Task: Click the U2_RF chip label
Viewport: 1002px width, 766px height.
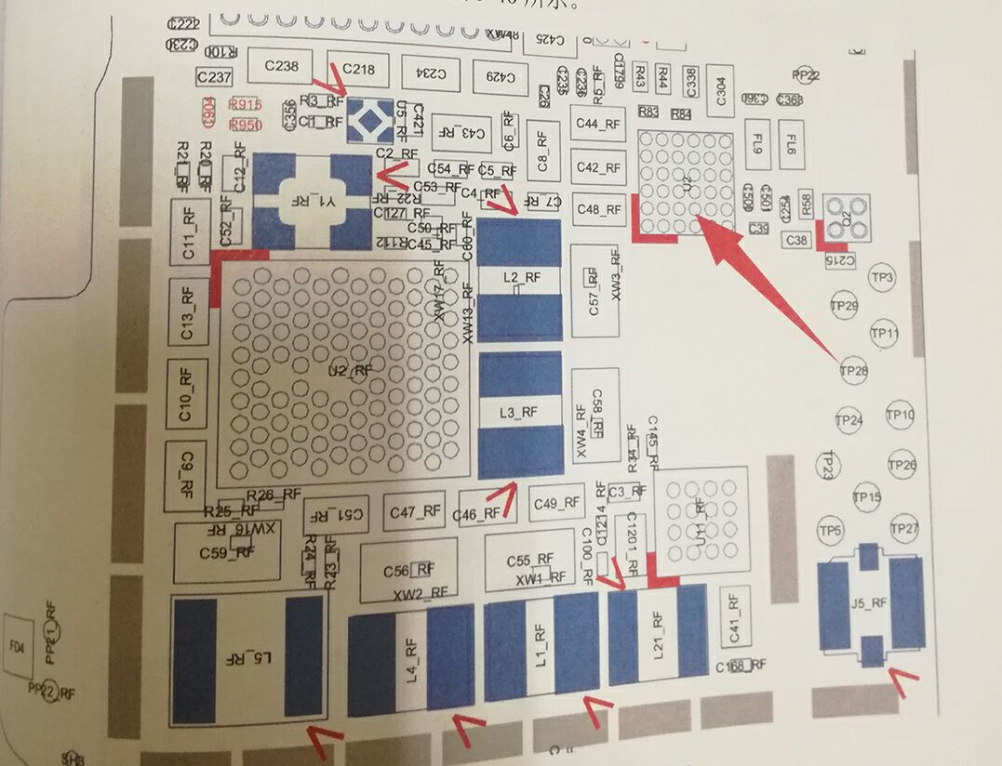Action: (349, 370)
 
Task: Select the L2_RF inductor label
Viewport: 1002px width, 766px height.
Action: (520, 277)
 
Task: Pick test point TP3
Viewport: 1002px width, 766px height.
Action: (882, 278)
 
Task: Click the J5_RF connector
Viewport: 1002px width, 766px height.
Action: (870, 602)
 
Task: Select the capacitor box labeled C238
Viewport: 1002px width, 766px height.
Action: (281, 67)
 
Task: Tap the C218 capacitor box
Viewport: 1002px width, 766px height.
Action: (358, 69)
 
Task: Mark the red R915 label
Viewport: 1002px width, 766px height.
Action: (245, 105)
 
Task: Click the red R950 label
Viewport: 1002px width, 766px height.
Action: (245, 125)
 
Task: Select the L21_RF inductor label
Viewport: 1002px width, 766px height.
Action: (657, 635)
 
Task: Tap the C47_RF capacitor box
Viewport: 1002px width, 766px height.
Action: (415, 511)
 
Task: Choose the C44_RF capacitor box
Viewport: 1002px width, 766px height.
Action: (598, 124)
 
